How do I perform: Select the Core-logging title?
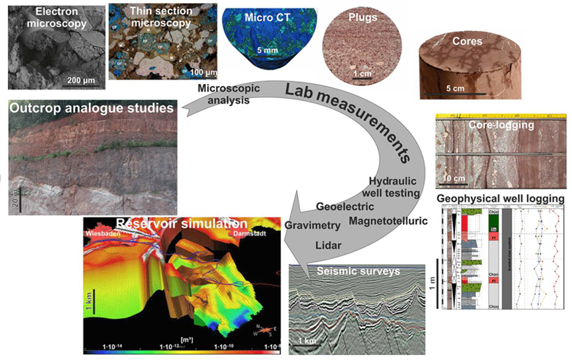[x=501, y=126]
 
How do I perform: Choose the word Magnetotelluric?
[x=388, y=221]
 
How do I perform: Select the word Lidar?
[x=329, y=245]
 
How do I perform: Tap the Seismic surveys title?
[x=358, y=272]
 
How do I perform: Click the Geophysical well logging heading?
[x=501, y=198]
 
